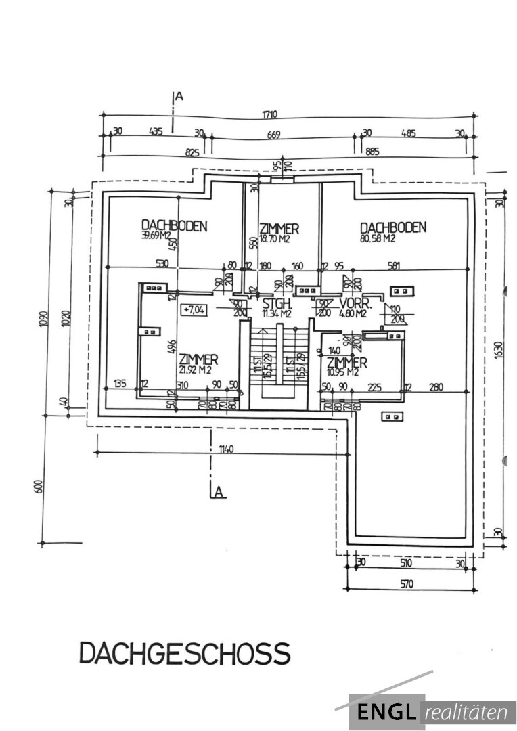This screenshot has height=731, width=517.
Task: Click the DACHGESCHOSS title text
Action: coord(185,654)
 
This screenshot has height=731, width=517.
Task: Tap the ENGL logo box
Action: coord(386,712)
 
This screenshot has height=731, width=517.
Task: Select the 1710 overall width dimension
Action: coord(271,114)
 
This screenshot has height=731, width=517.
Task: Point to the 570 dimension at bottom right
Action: coord(405,584)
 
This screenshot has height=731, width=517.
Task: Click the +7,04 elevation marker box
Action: coord(194,310)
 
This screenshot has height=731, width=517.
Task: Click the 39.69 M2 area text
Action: coord(158,236)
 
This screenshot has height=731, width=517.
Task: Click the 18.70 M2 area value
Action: coord(275,239)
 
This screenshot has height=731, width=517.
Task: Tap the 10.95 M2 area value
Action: coord(343,372)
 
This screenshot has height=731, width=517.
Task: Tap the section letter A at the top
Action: coord(179,97)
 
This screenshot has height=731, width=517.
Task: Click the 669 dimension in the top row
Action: coord(273,135)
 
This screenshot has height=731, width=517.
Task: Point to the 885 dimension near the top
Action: coord(372,152)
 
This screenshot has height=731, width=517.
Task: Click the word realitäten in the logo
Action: coord(469,712)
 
